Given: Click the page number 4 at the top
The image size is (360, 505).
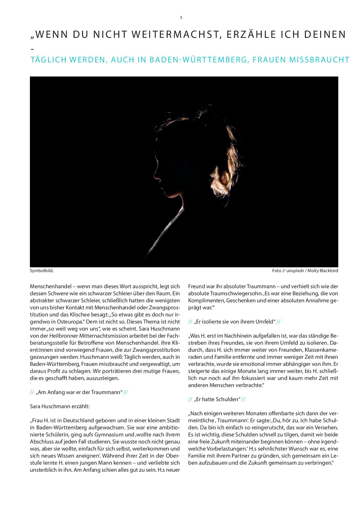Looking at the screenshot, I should pyautogui.click(x=181, y=17).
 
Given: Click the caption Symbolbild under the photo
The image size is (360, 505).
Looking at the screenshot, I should pyautogui.click(x=42, y=271).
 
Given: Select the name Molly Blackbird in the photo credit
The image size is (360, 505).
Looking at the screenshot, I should pyautogui.click(x=322, y=271).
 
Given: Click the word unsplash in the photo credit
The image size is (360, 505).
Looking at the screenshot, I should pyautogui.click(x=295, y=271).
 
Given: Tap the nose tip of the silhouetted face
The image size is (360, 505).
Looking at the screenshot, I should pyautogui.click(x=154, y=177).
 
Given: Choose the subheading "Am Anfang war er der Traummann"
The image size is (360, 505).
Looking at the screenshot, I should pyautogui.click(x=79, y=392).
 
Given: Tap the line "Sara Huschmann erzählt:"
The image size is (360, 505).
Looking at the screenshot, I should pyautogui.click(x=60, y=406).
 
